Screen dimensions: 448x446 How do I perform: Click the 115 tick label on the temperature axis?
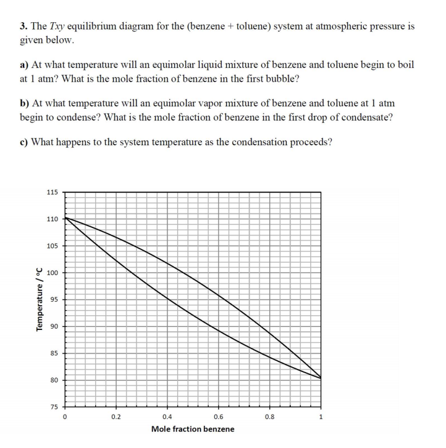coord(52,192)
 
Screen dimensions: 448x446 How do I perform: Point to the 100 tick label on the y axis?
coord(52,273)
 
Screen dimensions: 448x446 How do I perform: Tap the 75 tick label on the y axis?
coord(54,407)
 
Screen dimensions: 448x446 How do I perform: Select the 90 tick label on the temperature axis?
coord(54,326)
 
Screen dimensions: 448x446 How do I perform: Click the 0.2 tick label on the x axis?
coord(116,416)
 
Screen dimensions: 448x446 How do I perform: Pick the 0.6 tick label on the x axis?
coord(219,416)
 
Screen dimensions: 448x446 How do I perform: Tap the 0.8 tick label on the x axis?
coord(270,416)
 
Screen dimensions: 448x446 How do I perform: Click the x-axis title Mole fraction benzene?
coord(193,429)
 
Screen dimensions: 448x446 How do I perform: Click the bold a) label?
coord(25,64)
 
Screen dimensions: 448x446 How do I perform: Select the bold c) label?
coord(24,142)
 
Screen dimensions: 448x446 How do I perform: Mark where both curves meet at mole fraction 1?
coord(321,378)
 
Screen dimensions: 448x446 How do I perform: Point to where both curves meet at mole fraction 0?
coord(65,218)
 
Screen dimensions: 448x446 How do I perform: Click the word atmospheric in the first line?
coord(334,27)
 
